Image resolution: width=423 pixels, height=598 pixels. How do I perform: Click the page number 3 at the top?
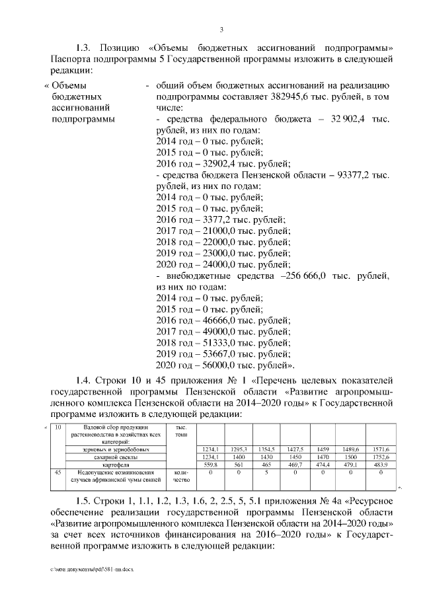221,29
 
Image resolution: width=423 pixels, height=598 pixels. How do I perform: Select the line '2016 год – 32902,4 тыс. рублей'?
222,164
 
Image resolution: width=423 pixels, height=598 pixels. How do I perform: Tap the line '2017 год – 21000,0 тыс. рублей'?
222,231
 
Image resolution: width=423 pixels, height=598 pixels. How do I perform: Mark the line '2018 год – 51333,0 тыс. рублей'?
222,344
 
